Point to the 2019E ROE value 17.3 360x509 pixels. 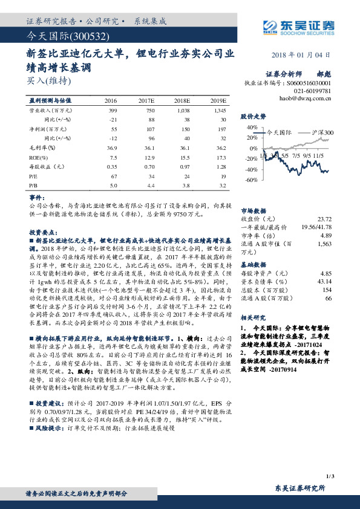click(221, 157)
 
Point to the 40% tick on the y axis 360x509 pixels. click(251, 128)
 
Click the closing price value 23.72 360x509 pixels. click(324, 218)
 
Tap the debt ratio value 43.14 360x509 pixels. click(324, 281)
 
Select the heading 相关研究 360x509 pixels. click(253, 317)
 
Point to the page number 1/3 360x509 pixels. click(329, 477)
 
